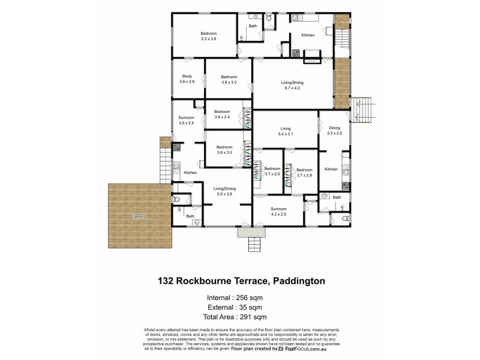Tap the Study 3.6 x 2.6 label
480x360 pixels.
pyautogui.click(x=187, y=79)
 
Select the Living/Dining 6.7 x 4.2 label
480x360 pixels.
pyautogui.click(x=291, y=85)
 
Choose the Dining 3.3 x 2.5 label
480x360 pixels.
pyautogui.click(x=334, y=130)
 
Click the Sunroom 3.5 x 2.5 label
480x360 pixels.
pyautogui.click(x=186, y=120)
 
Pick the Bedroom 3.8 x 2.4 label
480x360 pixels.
pyautogui.click(x=222, y=114)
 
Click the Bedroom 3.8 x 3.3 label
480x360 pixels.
pyautogui.click(x=229, y=79)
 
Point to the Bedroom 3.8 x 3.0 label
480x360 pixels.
pyautogui.click(x=224, y=150)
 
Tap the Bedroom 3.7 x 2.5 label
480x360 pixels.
pyautogui.click(x=272, y=172)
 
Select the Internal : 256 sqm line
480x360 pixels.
pyautogui.click(x=239, y=297)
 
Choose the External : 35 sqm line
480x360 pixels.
pyautogui.click(x=239, y=307)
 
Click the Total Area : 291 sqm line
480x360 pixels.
pyautogui.click(x=239, y=317)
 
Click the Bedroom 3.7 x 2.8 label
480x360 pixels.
pyautogui.click(x=304, y=172)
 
